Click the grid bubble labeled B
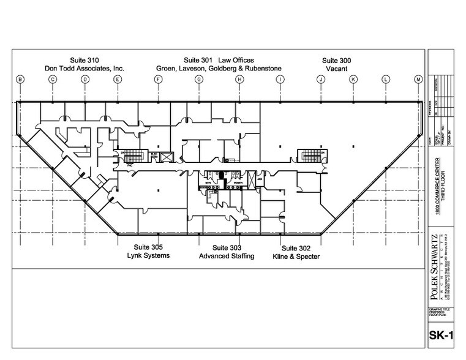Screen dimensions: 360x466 pyautogui.click(x=20, y=79)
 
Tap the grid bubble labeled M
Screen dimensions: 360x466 pyautogui.click(x=419, y=79)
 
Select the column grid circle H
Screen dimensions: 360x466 pyautogui.click(x=239, y=79)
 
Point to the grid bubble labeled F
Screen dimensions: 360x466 pyautogui.click(x=158, y=79)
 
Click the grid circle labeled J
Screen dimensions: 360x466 pyautogui.click(x=320, y=79)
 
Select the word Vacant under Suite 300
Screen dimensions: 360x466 pyautogui.click(x=336, y=69)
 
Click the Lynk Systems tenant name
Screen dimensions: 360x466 pyautogui.click(x=148, y=255)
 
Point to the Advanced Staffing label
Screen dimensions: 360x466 pyautogui.click(x=227, y=256)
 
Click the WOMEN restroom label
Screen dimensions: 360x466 pyautogui.click(x=238, y=182)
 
